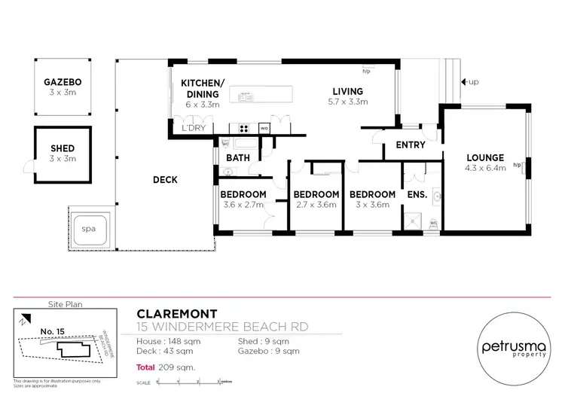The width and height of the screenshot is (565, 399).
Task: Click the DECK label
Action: tap(165, 179)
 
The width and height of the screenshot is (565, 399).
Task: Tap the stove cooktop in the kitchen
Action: tap(245, 126)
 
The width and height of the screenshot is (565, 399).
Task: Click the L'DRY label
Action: tap(194, 129)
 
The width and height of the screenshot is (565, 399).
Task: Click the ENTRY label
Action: tap(410, 145)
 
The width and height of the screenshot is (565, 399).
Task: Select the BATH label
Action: tap(238, 157)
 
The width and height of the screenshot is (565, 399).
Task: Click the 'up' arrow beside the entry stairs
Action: tap(469, 81)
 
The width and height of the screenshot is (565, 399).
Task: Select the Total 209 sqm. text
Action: tap(165, 367)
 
